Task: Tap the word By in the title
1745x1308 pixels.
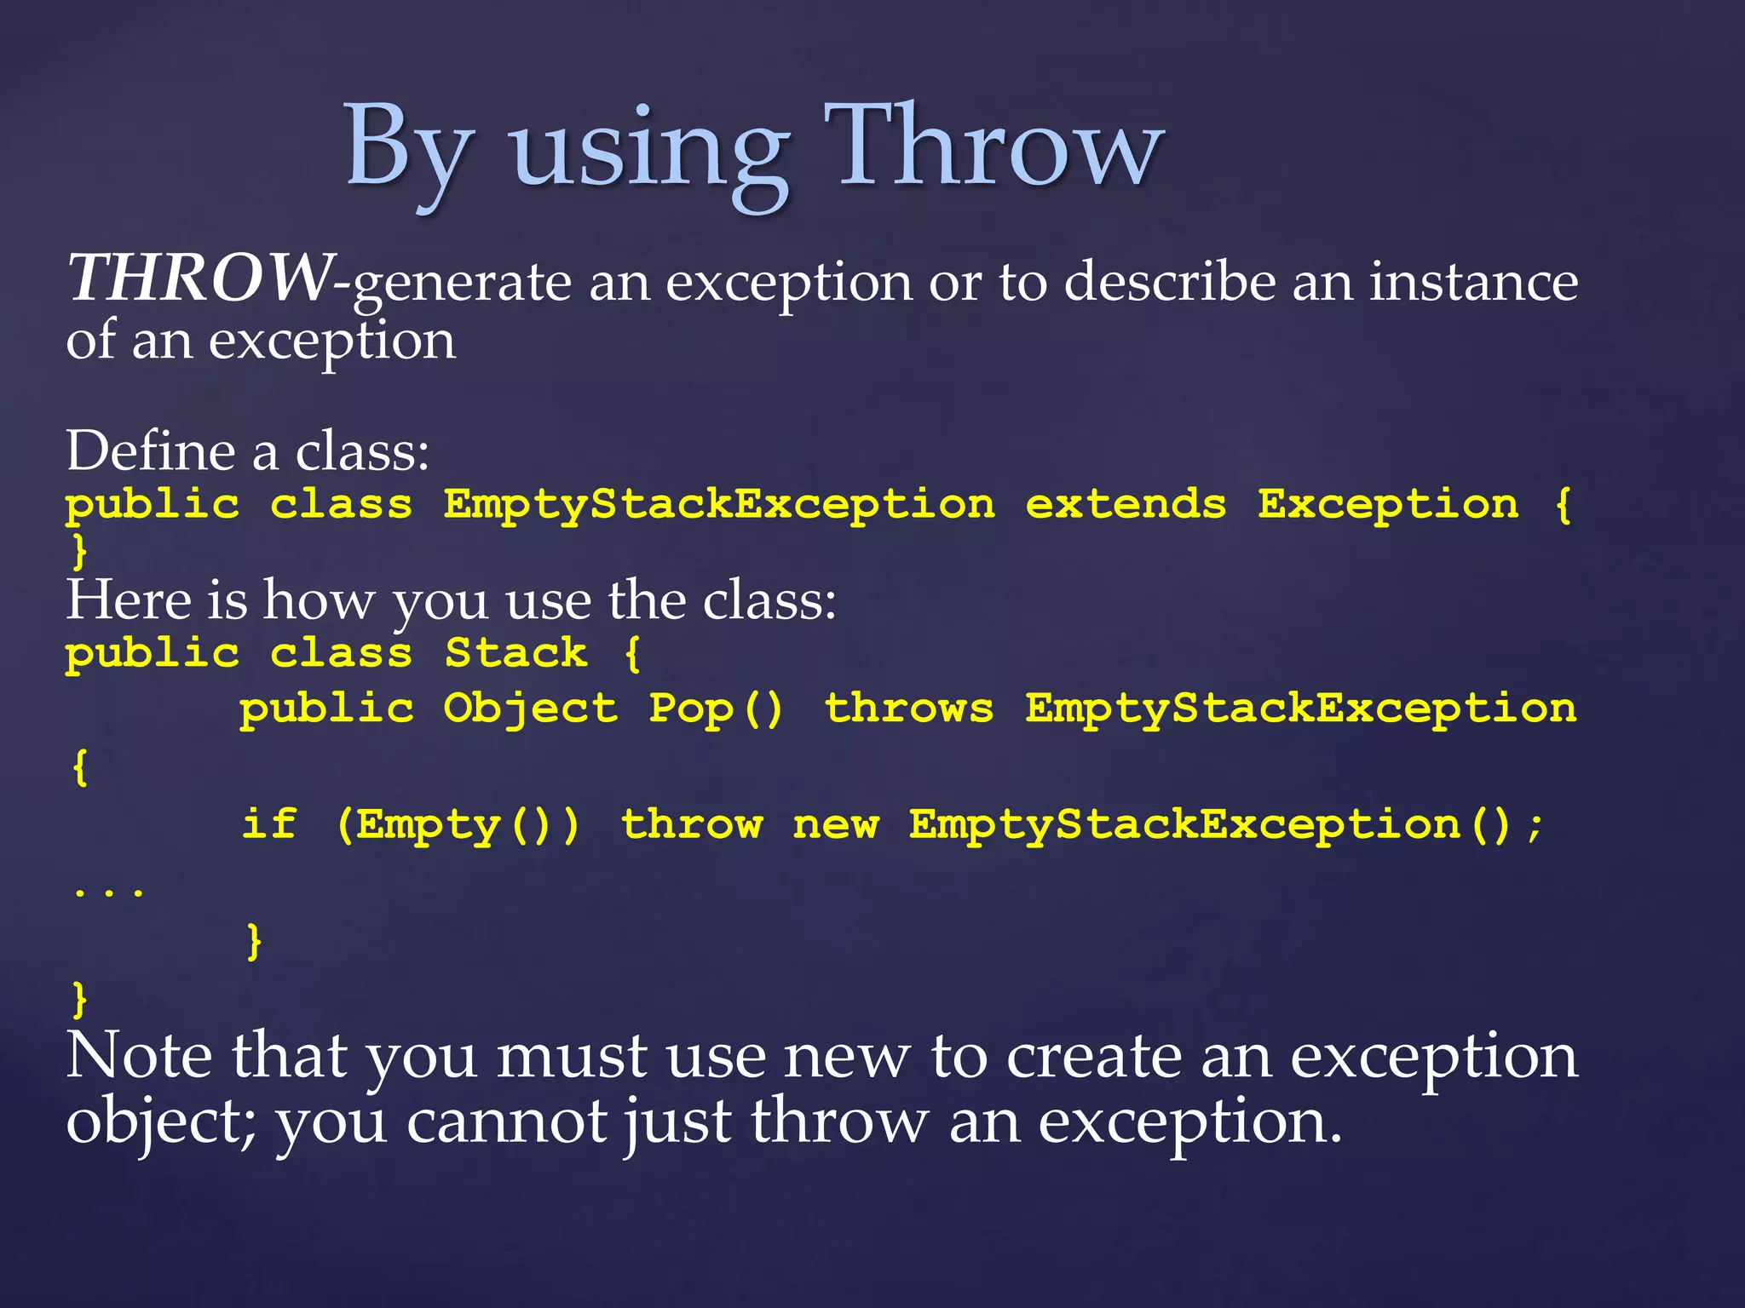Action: tap(407, 149)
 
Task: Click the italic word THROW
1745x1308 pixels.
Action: tap(200, 278)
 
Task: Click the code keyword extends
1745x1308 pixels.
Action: tap(1126, 504)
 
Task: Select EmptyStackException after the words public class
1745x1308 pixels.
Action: tap(718, 506)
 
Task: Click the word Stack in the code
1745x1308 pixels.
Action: tap(516, 653)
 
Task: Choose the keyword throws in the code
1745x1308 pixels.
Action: tap(908, 708)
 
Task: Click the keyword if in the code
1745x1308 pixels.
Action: tap(269, 824)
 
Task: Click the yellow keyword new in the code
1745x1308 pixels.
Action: tap(835, 825)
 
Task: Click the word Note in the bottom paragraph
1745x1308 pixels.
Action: tap(139, 1056)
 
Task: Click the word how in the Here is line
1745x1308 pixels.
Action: tap(318, 600)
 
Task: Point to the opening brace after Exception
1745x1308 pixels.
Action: tap(1563, 504)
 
